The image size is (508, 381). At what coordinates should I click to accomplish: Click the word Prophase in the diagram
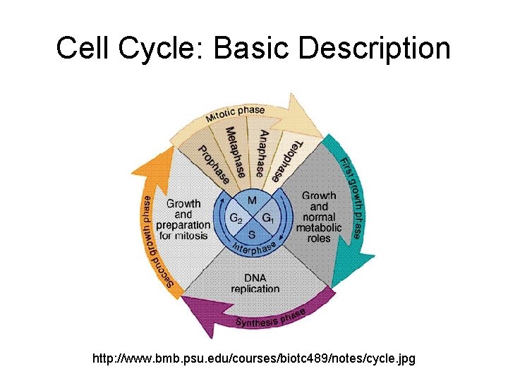pos(213,164)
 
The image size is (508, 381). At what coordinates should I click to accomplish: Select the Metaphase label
pos(236,151)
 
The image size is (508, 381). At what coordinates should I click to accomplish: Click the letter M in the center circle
pos(252,201)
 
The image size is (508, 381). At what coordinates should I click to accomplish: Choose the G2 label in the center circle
pos(236,218)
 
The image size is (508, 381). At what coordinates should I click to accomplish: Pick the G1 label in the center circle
pos(268,218)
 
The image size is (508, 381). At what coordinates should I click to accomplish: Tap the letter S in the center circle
pos(252,235)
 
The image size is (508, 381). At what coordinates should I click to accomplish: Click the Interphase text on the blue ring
pos(254,248)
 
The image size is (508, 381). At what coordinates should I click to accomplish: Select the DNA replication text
pos(255,283)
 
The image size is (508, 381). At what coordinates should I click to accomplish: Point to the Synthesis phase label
pos(271,318)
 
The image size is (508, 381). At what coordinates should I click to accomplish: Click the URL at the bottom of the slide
pos(254,359)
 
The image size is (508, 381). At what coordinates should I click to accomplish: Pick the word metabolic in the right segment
pos(318,227)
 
